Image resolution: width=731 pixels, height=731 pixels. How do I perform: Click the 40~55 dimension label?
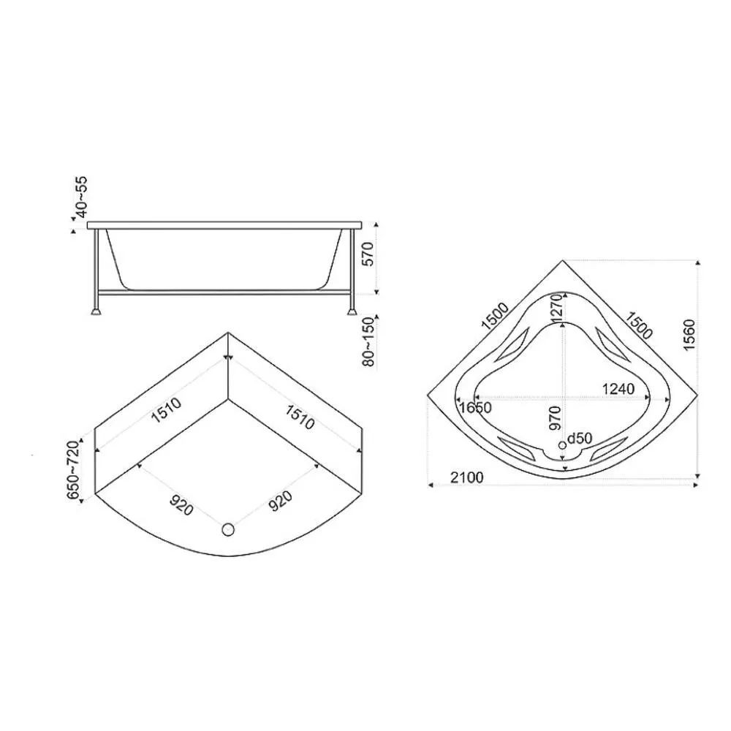(x=82, y=197)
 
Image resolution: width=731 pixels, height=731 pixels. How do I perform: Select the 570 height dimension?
(x=368, y=254)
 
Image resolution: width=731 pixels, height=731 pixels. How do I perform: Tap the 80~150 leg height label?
(x=368, y=341)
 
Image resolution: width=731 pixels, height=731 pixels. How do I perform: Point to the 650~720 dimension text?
(x=74, y=470)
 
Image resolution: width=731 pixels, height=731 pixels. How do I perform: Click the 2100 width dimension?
(x=467, y=478)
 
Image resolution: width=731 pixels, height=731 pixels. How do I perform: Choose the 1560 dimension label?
(x=689, y=336)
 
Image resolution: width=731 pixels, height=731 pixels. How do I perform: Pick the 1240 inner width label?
(x=618, y=389)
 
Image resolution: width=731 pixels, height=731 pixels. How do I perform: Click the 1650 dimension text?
(x=475, y=408)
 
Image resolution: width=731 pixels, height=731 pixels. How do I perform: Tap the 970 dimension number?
(x=555, y=417)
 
